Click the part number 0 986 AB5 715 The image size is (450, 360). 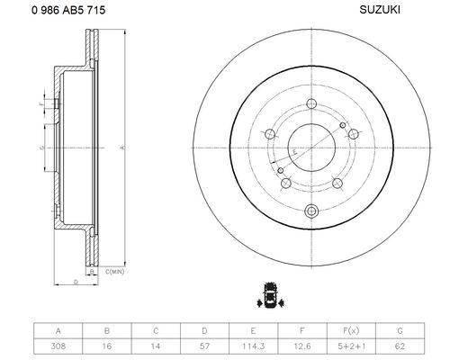(68, 10)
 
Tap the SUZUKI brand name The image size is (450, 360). (380, 10)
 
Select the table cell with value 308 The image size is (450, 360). (58, 346)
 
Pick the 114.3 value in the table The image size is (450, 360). (254, 346)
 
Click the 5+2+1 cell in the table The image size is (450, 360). (351, 346)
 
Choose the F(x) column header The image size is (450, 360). (351, 330)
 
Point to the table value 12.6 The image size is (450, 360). (302, 346)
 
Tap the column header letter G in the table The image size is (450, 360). (400, 330)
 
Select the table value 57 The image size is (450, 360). (204, 346)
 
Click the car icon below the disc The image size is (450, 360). (271, 295)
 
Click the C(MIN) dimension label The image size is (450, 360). (114, 272)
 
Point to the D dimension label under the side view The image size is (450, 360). (76, 282)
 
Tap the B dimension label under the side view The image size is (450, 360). (93, 272)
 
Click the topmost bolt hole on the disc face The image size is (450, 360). (311, 104)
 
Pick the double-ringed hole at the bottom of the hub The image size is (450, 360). (311, 211)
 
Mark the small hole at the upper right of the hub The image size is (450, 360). (343, 125)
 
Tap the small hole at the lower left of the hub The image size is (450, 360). (281, 170)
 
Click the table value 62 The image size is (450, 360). (400, 346)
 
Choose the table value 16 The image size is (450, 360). (107, 346)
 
